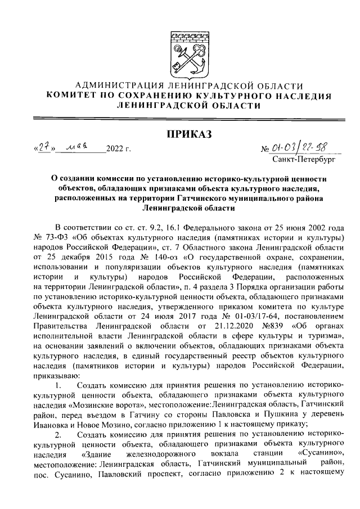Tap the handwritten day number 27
[x=46, y=148]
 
